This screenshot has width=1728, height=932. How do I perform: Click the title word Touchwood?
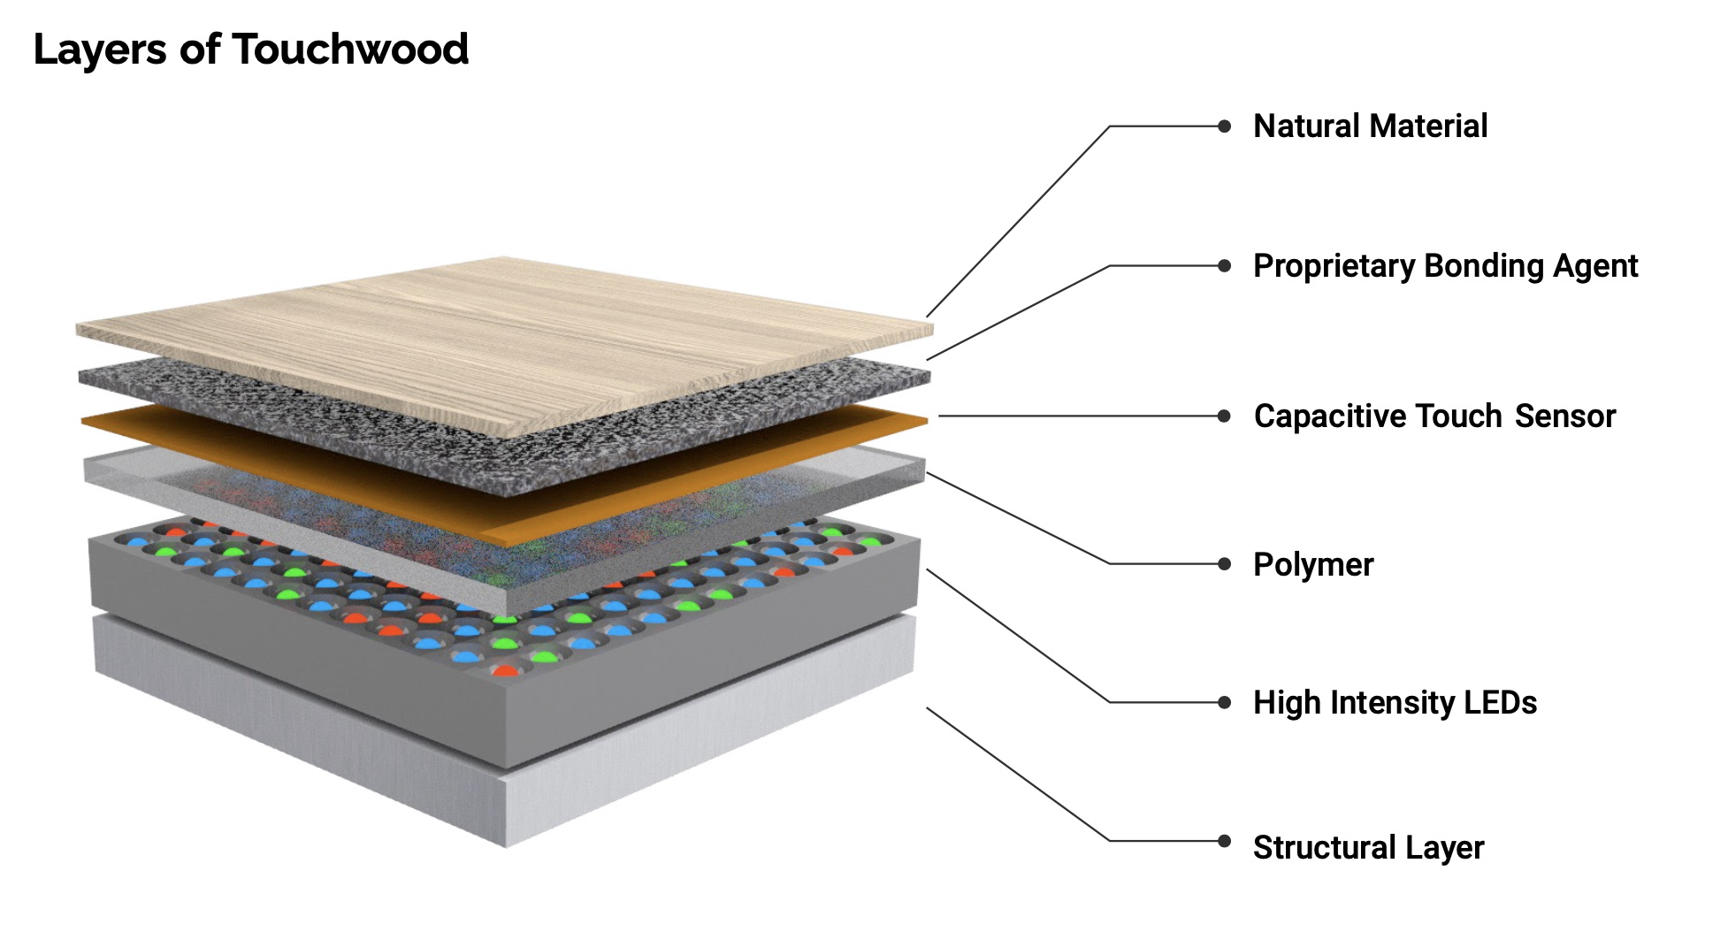(x=350, y=50)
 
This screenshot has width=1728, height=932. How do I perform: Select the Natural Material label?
(x=1370, y=126)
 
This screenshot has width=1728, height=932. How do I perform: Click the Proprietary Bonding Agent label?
(x=1445, y=266)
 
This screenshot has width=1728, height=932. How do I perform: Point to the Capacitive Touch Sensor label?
(x=1434, y=416)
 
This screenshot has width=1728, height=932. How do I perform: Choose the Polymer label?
(x=1313, y=565)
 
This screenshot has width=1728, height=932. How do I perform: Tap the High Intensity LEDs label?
(x=1395, y=703)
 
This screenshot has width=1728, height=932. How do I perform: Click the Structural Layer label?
(x=1368, y=848)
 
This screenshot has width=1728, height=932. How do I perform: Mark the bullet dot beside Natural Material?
(x=1224, y=126)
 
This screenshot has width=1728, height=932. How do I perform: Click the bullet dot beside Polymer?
(x=1224, y=564)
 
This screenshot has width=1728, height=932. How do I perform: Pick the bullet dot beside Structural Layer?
(x=1224, y=841)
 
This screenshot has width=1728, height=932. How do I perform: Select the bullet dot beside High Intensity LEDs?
(x=1224, y=703)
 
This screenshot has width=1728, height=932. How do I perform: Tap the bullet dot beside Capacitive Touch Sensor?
(x=1224, y=416)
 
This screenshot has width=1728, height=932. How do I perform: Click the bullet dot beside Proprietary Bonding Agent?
(x=1224, y=265)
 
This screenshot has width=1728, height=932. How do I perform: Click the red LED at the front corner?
(x=504, y=670)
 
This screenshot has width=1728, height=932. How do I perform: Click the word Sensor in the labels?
(x=1564, y=416)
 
